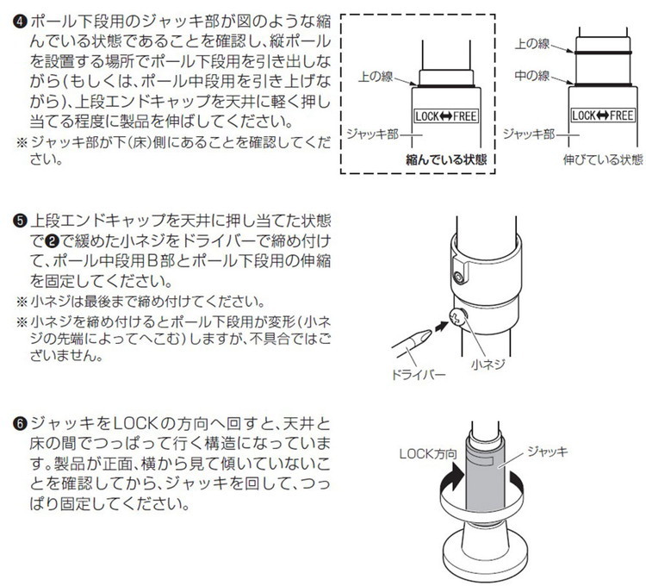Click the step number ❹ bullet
21,21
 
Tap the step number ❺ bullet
21,221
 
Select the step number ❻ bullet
21,423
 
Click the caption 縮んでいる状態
446,159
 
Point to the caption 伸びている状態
603,159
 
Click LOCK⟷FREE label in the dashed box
446,115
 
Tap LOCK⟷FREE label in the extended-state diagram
602,115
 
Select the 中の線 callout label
532,76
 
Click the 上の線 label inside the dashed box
376,77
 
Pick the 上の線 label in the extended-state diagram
532,43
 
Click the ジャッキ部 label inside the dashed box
372,134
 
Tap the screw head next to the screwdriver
458,317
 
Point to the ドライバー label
418,375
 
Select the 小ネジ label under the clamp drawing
488,365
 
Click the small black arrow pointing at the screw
441,326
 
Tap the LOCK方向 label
428,454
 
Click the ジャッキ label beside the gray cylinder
547,452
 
